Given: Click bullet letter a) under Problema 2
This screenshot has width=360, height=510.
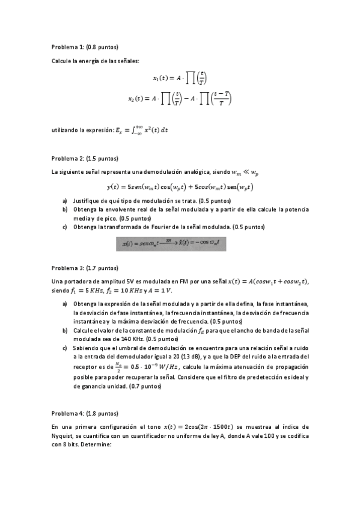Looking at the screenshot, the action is pos(65,200).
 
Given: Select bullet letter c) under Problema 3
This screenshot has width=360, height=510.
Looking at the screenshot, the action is pos(65,348).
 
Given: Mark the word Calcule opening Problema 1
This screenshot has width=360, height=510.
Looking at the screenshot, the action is pos(63,61).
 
